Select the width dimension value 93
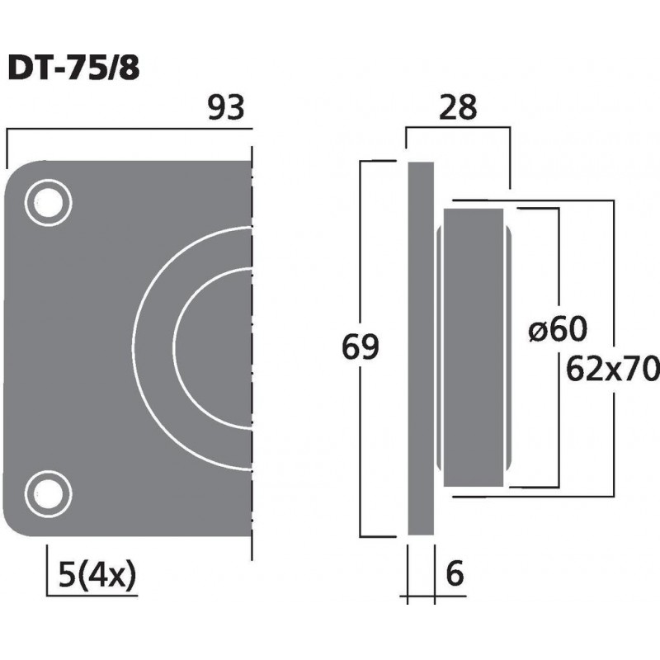tap(226, 108)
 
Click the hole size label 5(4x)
tap(97, 571)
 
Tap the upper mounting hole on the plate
tap(47, 202)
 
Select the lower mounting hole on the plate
tap(47, 493)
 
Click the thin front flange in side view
tap(421, 346)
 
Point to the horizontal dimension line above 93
tap(124, 129)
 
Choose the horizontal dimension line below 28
tap(458, 129)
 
